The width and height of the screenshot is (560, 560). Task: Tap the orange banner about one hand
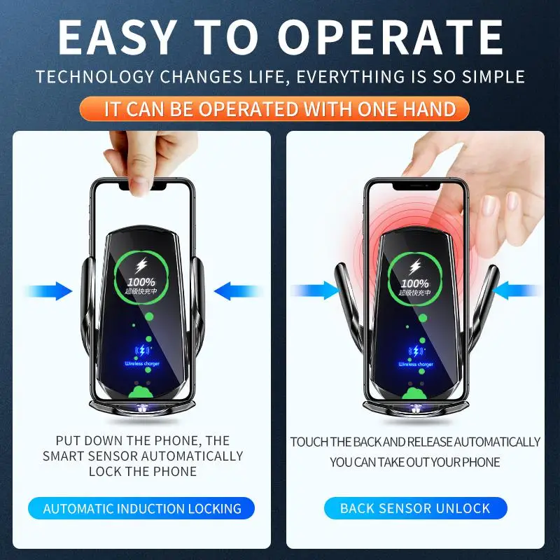[x=280, y=109]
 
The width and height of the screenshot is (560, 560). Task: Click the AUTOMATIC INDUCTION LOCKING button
[x=142, y=509]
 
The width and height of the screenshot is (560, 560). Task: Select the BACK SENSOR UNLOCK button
[x=415, y=509]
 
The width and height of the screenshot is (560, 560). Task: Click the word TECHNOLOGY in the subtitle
[x=89, y=76]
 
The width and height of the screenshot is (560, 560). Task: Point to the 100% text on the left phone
[x=141, y=282]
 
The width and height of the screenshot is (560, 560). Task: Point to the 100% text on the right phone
[x=415, y=282]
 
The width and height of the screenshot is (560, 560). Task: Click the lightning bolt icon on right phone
[x=415, y=266]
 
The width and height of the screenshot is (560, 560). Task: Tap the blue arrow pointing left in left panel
[x=235, y=290]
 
